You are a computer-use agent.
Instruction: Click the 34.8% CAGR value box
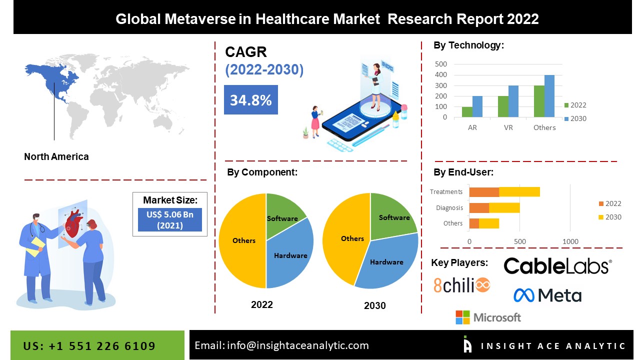[250, 100]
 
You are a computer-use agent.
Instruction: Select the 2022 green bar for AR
[467, 112]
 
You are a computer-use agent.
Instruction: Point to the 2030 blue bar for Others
[549, 96]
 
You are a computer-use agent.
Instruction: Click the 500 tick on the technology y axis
[441, 64]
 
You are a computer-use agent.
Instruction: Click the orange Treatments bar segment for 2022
[484, 191]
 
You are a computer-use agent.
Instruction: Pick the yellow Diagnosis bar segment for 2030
[504, 207]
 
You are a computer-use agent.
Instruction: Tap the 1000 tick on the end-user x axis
[570, 242]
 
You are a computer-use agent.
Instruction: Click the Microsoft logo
[488, 317]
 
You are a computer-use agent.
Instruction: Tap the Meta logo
[547, 295]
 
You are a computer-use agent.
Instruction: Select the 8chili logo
[461, 285]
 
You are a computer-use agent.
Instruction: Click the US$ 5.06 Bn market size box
[170, 220]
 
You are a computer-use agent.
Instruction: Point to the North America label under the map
[56, 156]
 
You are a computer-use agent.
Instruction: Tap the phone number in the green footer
[89, 346]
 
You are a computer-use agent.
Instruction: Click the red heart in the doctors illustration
[73, 223]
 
